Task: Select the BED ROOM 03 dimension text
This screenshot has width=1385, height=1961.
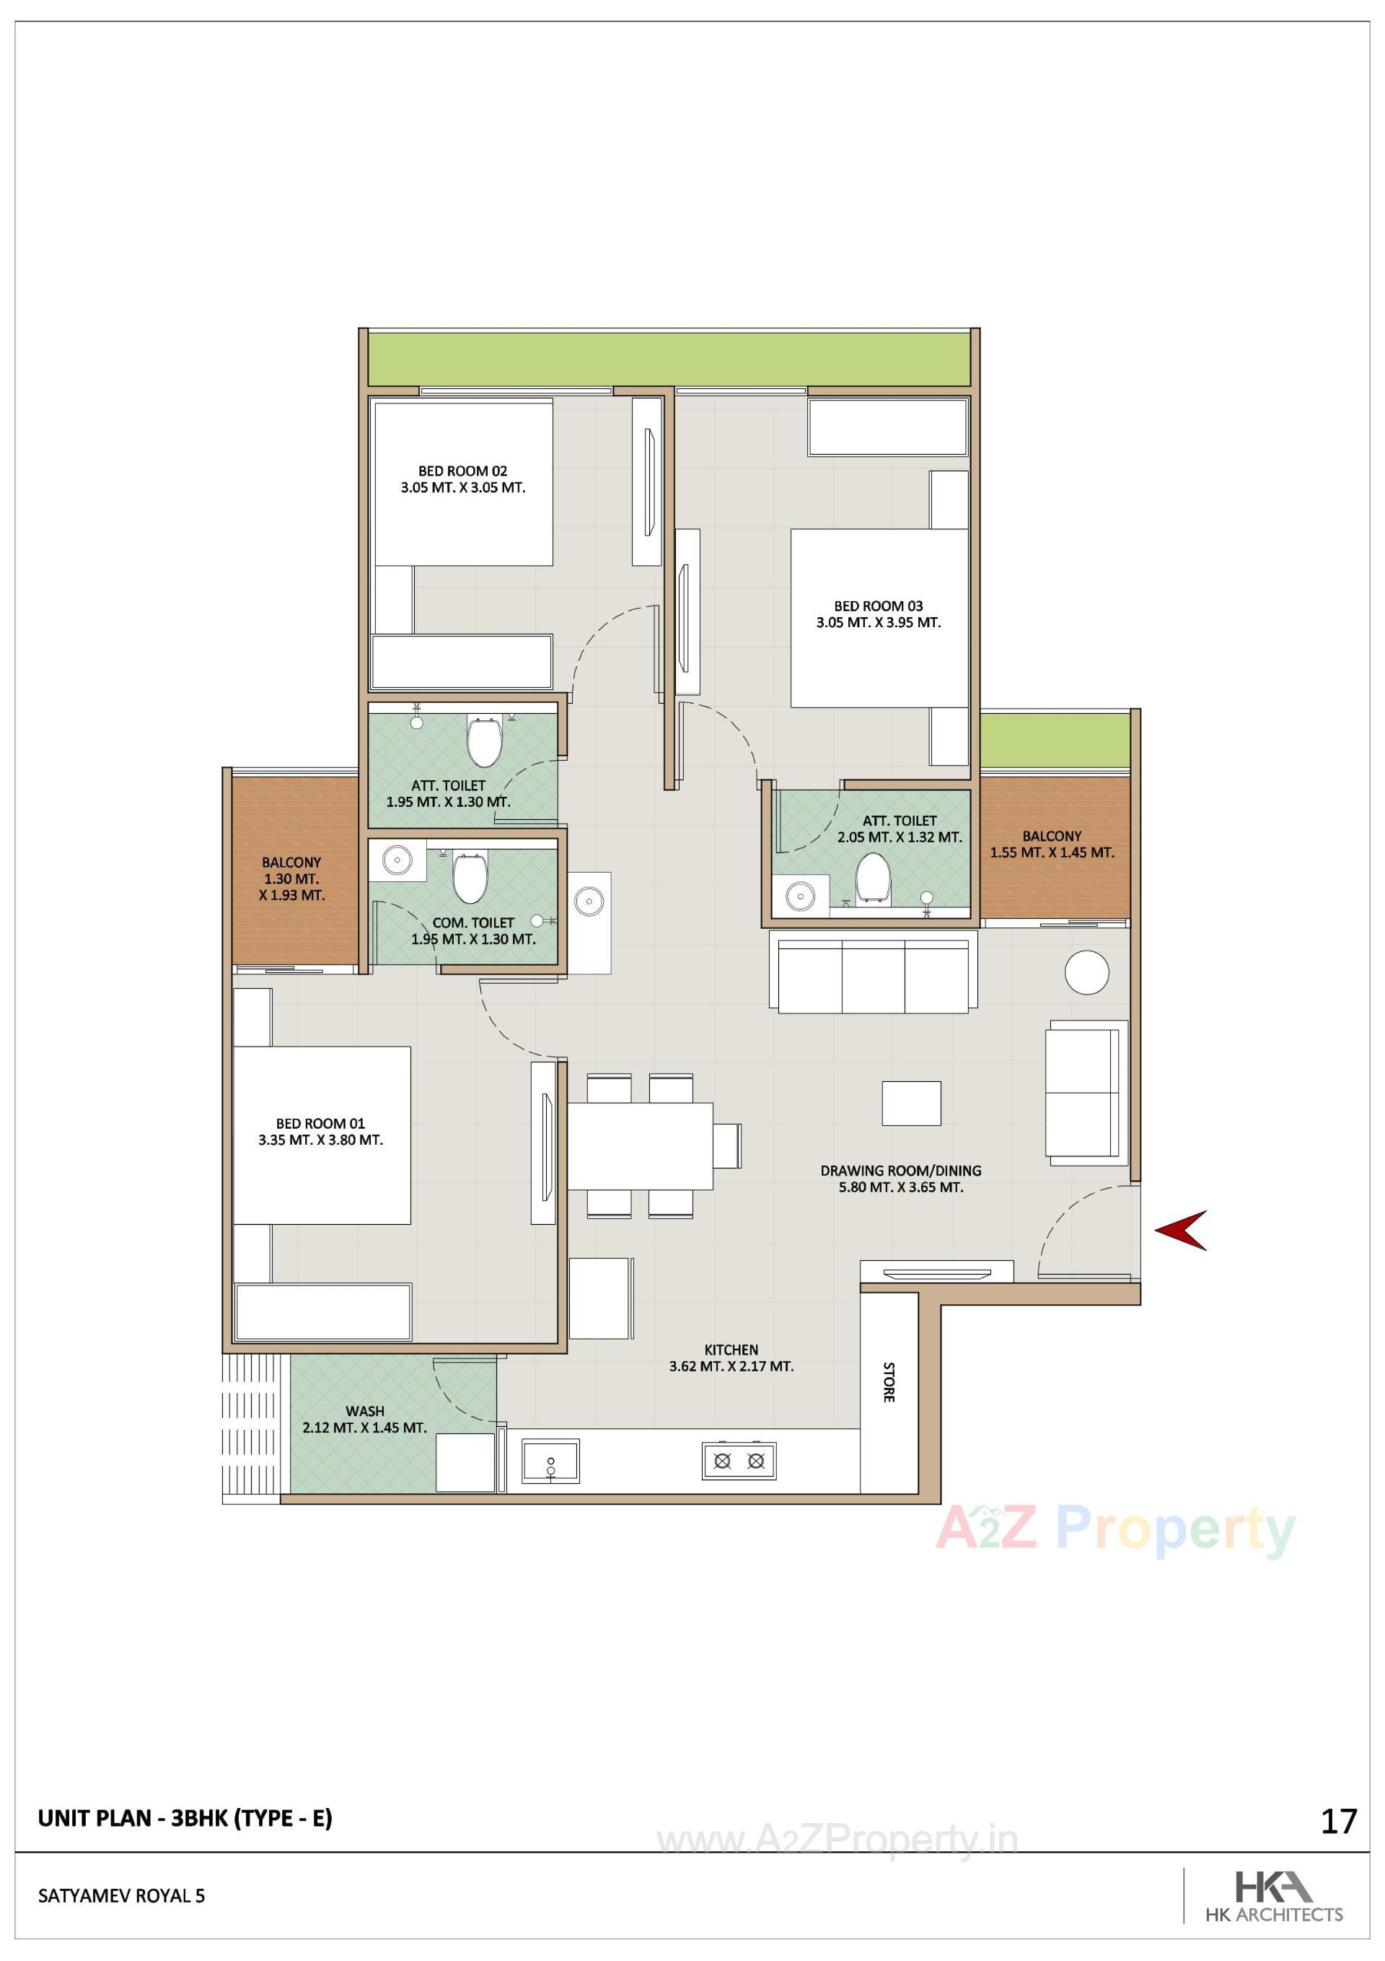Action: pos(878,623)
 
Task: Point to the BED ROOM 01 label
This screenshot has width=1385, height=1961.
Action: pos(320,1123)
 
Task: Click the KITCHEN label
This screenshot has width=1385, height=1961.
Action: pos(731,1350)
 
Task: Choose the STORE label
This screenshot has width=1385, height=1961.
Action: pos(888,1382)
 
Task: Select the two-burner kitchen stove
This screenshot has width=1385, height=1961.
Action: pos(739,1461)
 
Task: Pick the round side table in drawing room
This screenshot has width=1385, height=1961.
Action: pos(1086,972)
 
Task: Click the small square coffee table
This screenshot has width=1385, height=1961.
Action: pos(911,1103)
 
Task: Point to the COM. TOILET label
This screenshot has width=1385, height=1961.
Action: pos(473,922)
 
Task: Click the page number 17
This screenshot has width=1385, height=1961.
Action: pos(1338,1822)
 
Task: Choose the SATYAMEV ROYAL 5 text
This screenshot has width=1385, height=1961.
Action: pos(121,1895)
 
